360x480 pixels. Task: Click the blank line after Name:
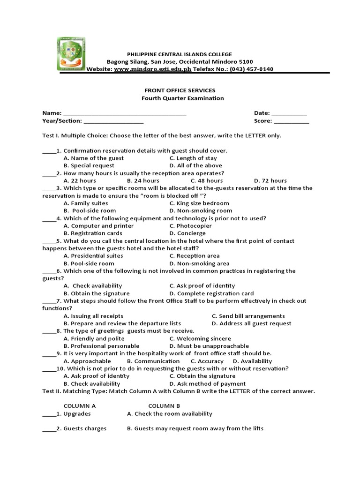tap(125, 113)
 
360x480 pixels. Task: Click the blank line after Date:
tap(289, 113)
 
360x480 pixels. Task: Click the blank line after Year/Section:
tap(114, 121)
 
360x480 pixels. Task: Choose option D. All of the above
tap(195, 165)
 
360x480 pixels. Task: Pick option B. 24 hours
tap(143, 180)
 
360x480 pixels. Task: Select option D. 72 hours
tap(270, 180)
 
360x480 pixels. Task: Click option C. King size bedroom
tap(199, 203)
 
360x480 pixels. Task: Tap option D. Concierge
tap(187, 233)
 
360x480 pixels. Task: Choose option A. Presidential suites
tap(93, 255)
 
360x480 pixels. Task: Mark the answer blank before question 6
tap(49, 271)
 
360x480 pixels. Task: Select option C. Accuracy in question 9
tap(207, 361)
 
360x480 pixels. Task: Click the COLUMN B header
tap(164, 406)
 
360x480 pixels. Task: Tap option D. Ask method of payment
tap(207, 383)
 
